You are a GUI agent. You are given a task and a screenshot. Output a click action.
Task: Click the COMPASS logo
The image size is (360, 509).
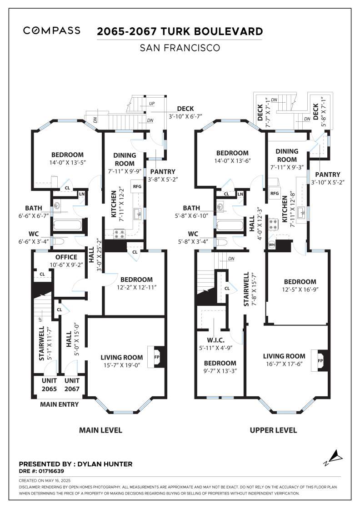point(52,30)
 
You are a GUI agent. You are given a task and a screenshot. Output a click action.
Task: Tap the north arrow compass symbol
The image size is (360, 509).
point(333,458)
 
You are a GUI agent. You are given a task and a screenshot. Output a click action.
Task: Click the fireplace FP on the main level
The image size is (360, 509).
point(156,357)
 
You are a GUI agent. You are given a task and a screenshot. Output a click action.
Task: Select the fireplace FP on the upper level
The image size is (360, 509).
point(320,360)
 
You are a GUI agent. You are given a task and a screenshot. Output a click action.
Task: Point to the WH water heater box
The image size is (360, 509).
point(271,245)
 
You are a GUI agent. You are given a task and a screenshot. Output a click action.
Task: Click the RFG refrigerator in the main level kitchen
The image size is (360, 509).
point(137,186)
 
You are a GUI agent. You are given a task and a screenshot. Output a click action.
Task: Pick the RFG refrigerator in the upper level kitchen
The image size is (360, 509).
point(274,193)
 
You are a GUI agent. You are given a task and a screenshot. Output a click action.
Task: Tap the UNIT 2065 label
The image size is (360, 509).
point(49,384)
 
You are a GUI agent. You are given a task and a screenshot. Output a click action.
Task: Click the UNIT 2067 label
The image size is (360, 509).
point(72,384)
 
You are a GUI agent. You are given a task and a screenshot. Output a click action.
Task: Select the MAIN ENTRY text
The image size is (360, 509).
point(60,404)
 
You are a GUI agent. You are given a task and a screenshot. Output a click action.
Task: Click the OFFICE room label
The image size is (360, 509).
point(66,257)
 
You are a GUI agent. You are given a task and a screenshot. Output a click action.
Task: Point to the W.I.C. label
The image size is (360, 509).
point(215,340)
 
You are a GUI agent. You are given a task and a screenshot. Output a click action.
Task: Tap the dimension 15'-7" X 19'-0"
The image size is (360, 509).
point(122,365)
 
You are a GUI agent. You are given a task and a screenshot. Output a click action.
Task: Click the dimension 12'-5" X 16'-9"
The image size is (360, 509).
point(300,289)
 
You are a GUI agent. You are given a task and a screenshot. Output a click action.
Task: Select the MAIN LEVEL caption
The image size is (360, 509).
point(100,430)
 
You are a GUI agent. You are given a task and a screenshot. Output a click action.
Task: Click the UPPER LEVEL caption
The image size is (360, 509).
point(273,430)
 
